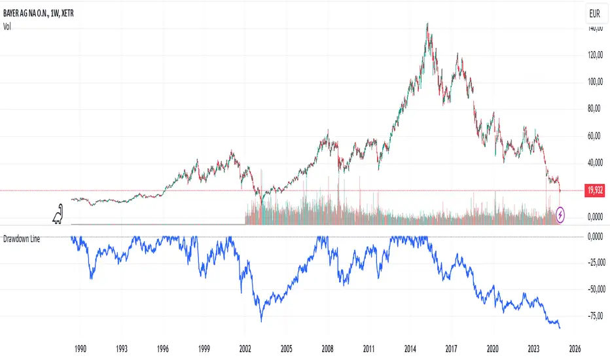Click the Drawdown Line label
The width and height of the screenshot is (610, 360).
pyautogui.click(x=22, y=240)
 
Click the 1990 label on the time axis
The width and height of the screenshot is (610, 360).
pyautogui.click(x=81, y=349)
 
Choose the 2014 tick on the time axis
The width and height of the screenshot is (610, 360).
pyautogui.click(x=410, y=349)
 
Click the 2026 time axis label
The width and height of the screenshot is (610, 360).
pyautogui.click(x=575, y=349)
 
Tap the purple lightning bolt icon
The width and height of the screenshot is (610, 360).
pyautogui.click(x=561, y=213)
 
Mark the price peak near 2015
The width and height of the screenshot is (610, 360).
pyautogui.click(x=427, y=24)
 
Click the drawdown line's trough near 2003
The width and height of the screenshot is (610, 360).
pyautogui.click(x=261, y=321)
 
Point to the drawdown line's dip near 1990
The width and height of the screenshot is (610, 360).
pyautogui.click(x=90, y=278)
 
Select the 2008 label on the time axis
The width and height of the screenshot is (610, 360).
pyautogui.click(x=328, y=349)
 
